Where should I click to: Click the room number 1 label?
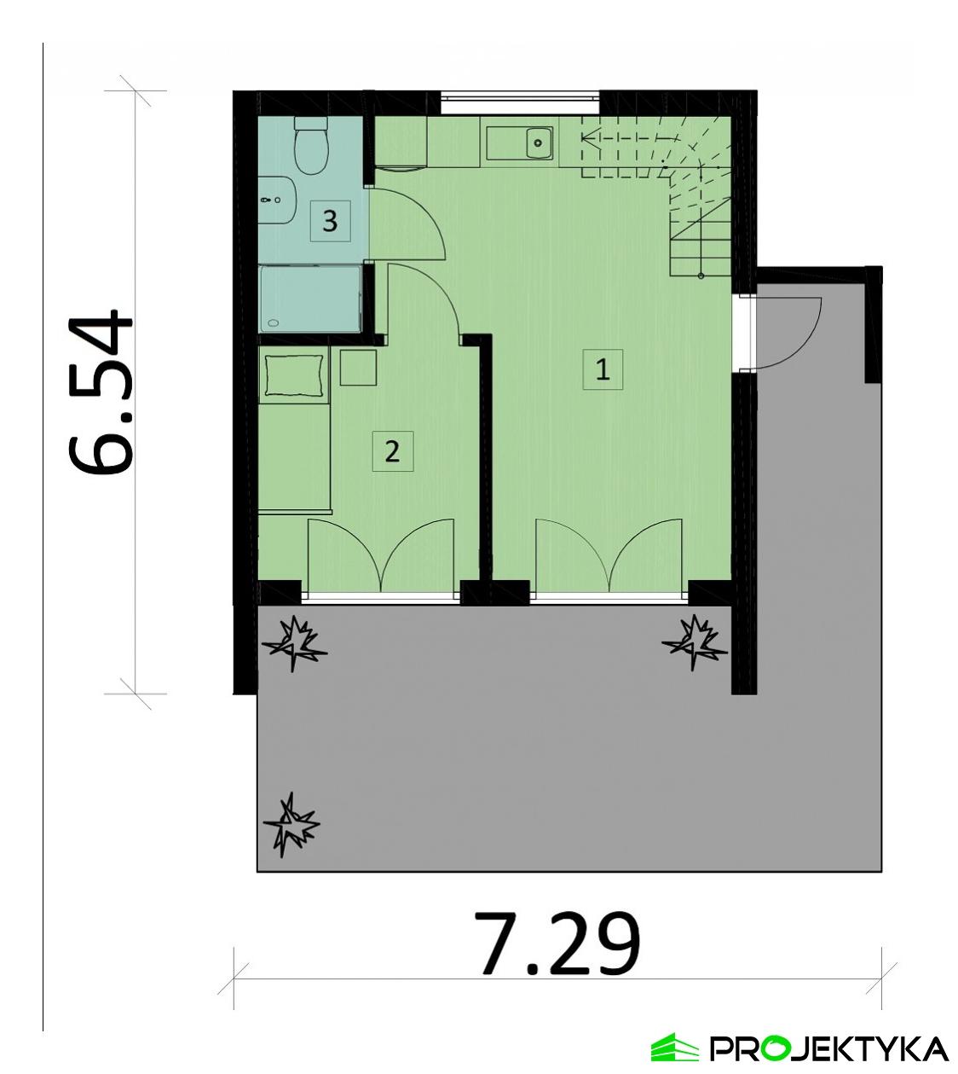pos(603,370)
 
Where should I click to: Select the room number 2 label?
pos(392,450)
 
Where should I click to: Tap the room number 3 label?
pos(330,222)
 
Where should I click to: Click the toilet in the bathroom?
pos(310,144)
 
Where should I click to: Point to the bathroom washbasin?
pos(274,199)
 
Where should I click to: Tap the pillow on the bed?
pos(293,374)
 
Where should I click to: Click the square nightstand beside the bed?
pos(359,367)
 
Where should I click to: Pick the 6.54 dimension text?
pos(101,392)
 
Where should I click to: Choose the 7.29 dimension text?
pos(558,944)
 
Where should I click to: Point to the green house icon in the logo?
pos(674,1048)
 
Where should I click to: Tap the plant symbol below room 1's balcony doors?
pos(695,640)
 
